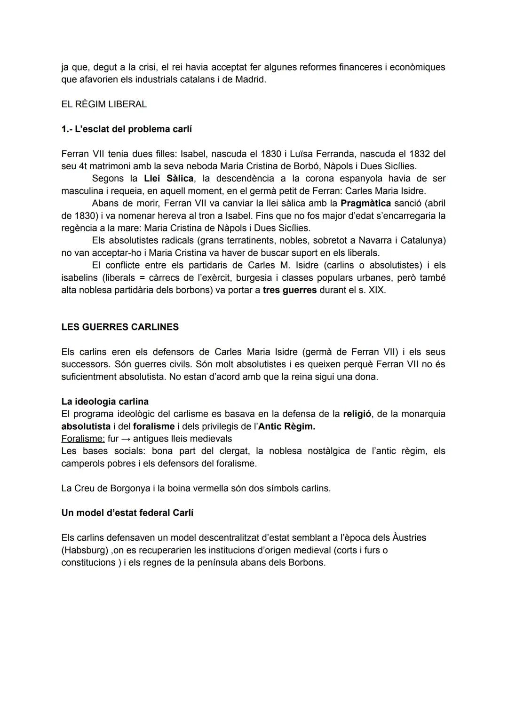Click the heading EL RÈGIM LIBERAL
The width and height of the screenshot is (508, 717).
(x=104, y=104)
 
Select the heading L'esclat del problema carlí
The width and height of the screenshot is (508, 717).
(x=127, y=129)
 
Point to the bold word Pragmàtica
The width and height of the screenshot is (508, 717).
(x=365, y=204)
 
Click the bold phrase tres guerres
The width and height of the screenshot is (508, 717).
(x=289, y=290)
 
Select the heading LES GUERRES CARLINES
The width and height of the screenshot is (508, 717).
(x=120, y=327)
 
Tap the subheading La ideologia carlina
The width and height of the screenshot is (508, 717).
(x=105, y=402)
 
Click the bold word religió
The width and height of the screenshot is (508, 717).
(x=357, y=414)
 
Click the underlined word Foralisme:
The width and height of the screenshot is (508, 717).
(x=83, y=439)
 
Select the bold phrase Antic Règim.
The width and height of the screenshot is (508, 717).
(x=286, y=426)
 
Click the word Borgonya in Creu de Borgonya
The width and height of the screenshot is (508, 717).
(x=129, y=488)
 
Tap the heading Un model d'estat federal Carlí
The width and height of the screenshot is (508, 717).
(x=127, y=513)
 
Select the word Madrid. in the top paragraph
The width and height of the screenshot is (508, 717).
(x=250, y=79)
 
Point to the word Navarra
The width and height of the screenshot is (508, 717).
(x=375, y=241)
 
